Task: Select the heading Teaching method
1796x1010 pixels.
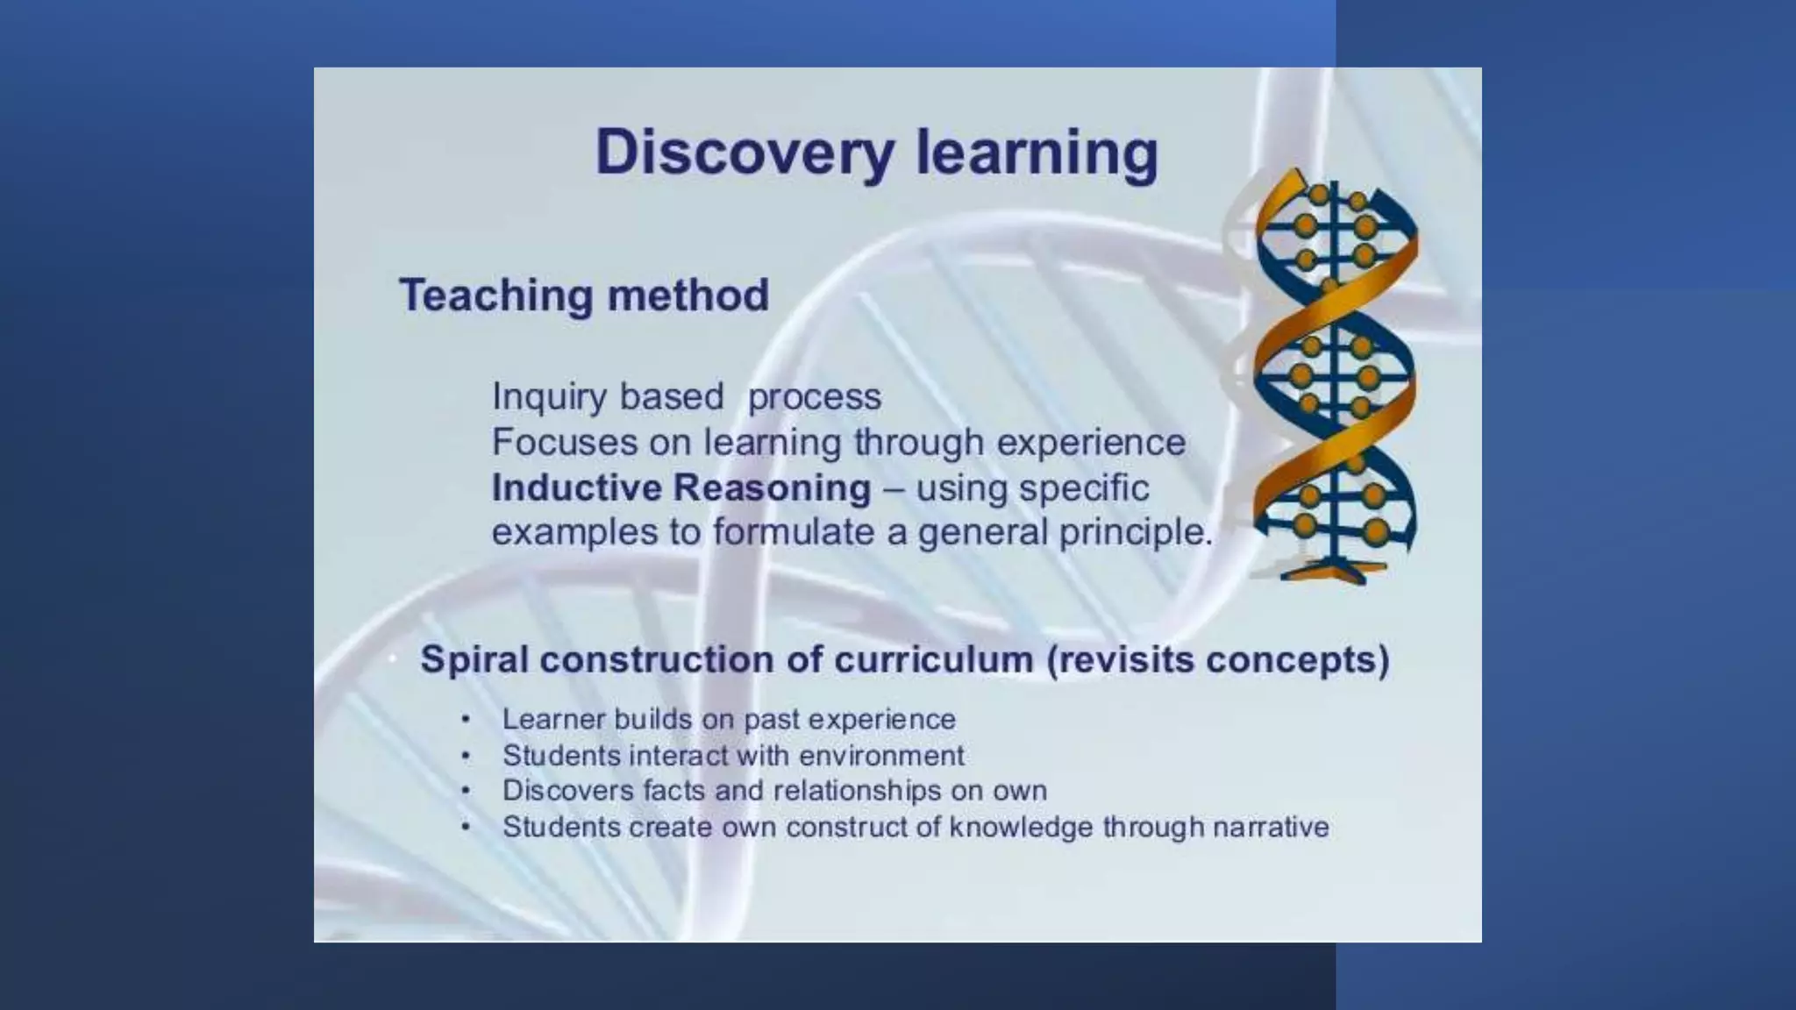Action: coord(584,295)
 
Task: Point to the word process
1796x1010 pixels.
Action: coord(814,397)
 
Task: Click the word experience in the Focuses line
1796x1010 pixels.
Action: coord(1091,442)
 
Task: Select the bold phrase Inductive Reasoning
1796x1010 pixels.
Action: coord(681,487)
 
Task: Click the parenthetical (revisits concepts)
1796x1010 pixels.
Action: coord(1218,659)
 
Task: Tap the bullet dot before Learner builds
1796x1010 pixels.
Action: coord(466,720)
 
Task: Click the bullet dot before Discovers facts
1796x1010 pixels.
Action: coord(466,791)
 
